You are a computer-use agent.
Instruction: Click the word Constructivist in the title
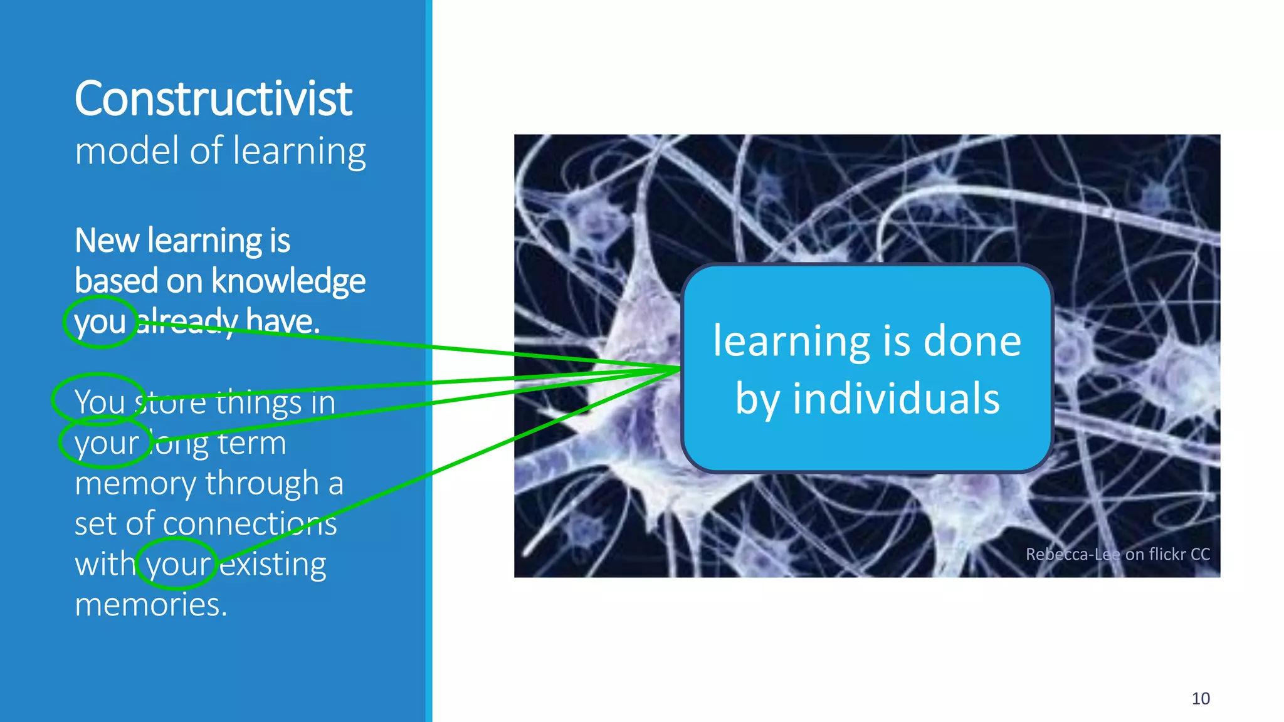pos(213,98)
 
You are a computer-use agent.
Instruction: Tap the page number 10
pos(1200,698)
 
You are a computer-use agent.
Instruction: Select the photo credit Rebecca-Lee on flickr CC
pos(1117,554)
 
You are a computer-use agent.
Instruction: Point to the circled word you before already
pos(100,322)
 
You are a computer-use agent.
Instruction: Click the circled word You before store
pos(99,402)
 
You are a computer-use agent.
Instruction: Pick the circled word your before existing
pos(178,564)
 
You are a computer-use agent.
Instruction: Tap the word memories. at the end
pos(150,605)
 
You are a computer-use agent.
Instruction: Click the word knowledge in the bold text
pos(288,281)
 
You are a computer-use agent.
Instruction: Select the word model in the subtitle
pos(128,151)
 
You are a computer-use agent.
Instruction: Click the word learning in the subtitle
pos(299,152)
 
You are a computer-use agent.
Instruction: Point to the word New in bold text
pos(107,241)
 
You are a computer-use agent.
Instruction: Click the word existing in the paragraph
pos(273,564)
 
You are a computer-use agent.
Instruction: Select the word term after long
pos(252,443)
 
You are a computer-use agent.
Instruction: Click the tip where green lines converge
pos(680,369)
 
